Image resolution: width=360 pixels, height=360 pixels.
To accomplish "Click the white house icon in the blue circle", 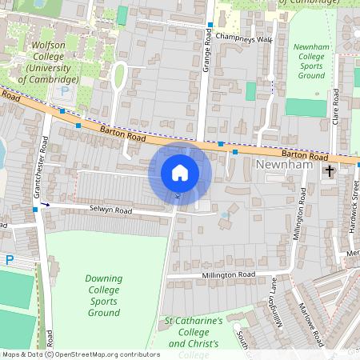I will coord(180,173).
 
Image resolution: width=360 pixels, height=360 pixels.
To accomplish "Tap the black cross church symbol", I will coord(329,171).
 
